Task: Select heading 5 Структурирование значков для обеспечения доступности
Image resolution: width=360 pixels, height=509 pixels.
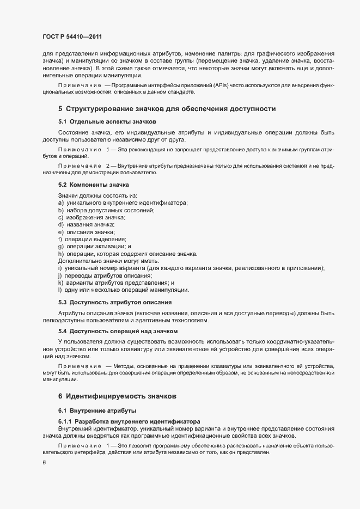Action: tap(166, 109)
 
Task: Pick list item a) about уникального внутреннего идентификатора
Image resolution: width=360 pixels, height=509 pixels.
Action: tap(123, 203)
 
